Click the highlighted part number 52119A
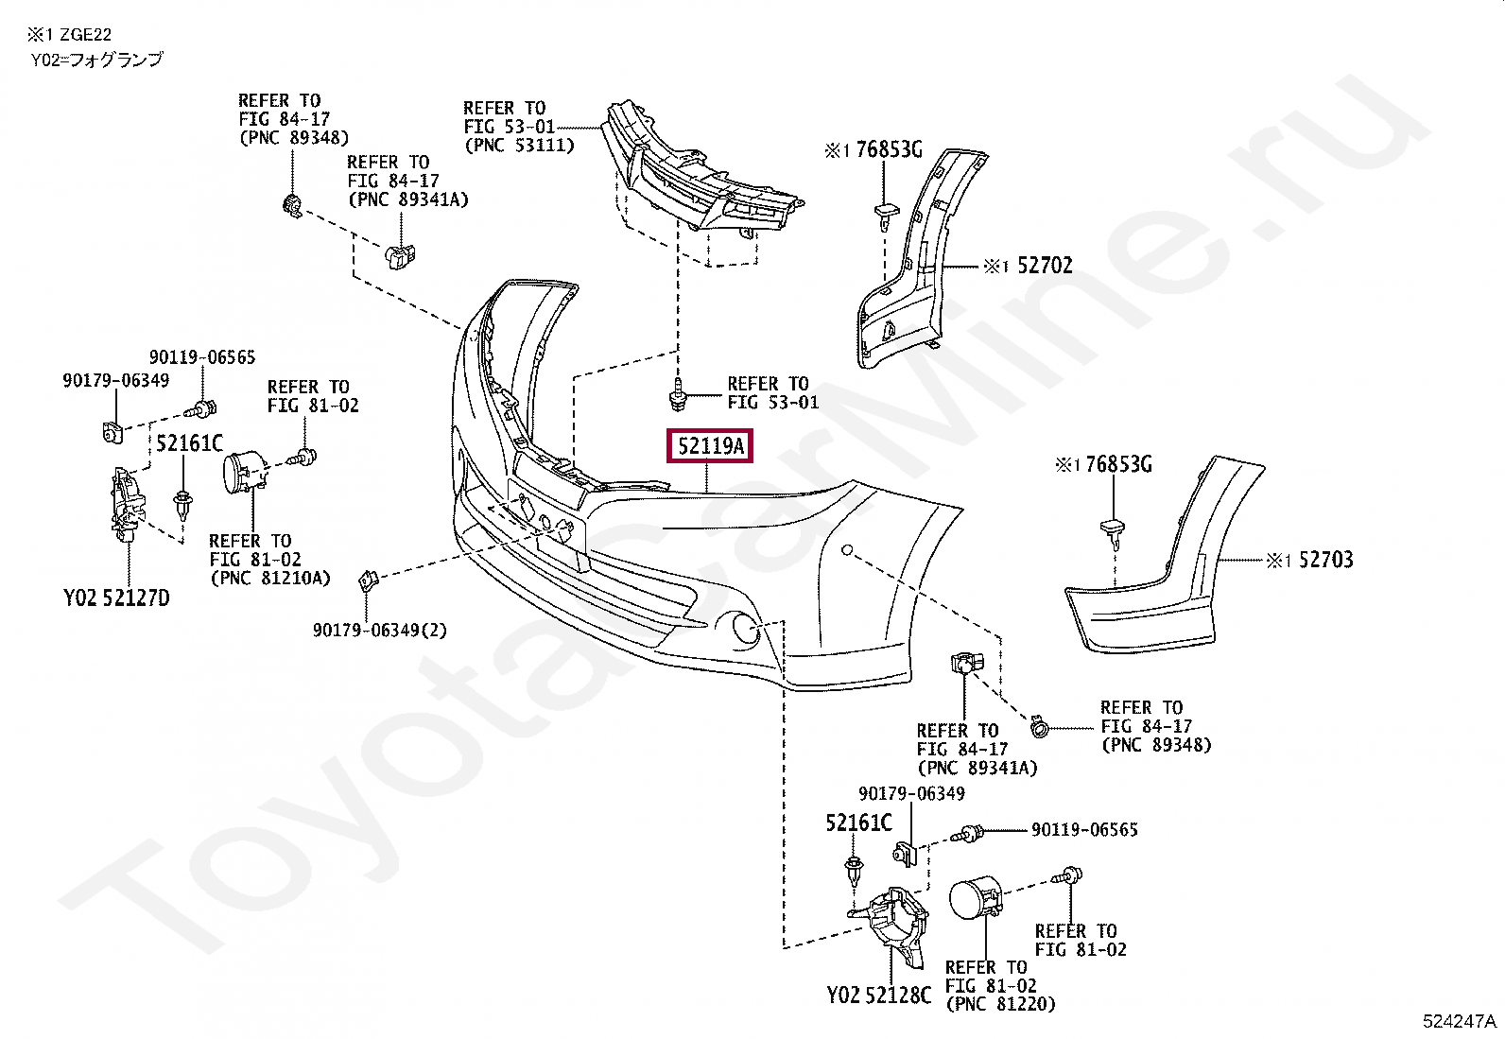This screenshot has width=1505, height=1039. (710, 446)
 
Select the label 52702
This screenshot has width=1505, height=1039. (1045, 266)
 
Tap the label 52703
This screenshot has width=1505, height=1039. (1325, 560)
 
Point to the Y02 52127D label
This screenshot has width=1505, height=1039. (116, 597)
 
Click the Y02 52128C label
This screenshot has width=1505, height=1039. (878, 995)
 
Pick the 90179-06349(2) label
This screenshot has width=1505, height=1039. (380, 630)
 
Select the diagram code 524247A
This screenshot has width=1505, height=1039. (1460, 1021)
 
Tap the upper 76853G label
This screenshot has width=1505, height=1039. (889, 149)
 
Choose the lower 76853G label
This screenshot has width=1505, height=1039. (1118, 464)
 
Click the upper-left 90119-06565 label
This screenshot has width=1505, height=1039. (202, 357)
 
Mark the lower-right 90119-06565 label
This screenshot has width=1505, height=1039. (1084, 830)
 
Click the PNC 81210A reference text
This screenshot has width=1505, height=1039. (270, 578)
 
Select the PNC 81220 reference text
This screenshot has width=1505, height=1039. (1000, 1004)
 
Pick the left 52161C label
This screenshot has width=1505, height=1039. (189, 443)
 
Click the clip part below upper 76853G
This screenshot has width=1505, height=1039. (884, 213)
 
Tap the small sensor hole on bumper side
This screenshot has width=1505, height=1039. (848, 550)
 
